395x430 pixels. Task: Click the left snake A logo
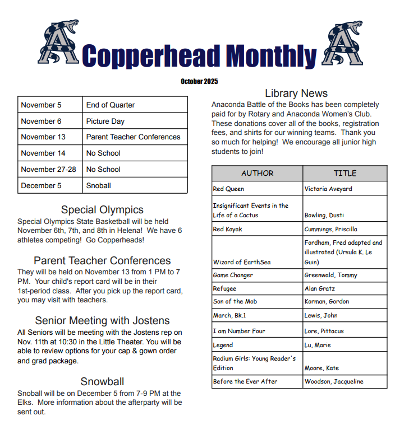(59, 42)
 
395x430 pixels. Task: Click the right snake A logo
(343, 42)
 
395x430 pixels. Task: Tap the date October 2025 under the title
(199, 81)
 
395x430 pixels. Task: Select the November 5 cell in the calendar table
(50, 105)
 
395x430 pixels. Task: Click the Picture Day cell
(136, 121)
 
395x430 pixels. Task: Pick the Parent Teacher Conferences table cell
(136, 137)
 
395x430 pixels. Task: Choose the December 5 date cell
(50, 185)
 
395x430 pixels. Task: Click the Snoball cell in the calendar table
(136, 185)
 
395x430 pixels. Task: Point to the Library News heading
(296, 94)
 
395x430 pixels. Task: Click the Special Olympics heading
(102, 210)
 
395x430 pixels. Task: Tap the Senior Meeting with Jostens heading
(102, 321)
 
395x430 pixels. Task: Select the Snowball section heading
(102, 382)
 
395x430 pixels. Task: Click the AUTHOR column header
(257, 173)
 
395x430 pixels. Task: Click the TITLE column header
(345, 173)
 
